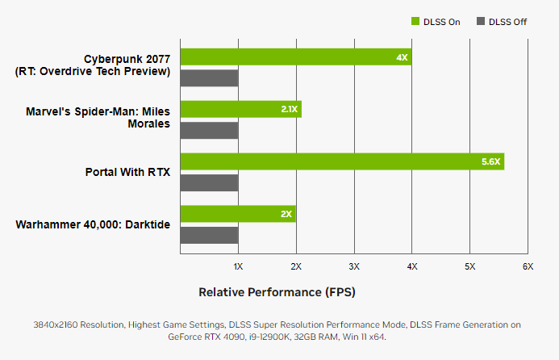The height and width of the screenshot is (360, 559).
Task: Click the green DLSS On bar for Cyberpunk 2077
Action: coord(295,57)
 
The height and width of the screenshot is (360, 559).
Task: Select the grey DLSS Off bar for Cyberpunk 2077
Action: coord(209,78)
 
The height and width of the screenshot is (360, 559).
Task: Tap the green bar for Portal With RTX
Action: coord(342,161)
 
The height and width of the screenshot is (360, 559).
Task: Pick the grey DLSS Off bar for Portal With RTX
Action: coord(209,182)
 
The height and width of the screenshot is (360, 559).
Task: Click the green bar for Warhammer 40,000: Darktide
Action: coord(238,214)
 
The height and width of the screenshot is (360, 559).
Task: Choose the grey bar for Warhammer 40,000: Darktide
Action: coord(209,235)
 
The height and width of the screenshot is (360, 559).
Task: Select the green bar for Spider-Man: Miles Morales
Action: coord(240,109)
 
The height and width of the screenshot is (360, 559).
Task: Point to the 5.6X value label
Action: coord(490,161)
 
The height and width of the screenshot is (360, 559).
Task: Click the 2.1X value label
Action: coord(290,109)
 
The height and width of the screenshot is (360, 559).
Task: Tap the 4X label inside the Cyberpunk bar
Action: coord(402,57)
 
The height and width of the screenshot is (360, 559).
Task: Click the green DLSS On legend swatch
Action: coord(415,22)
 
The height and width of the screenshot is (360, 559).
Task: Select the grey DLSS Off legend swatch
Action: coord(482,22)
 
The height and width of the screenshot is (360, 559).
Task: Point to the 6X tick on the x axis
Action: coord(528,266)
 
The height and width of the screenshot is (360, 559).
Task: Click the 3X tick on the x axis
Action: coord(354,266)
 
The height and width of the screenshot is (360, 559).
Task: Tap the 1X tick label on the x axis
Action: coord(238,266)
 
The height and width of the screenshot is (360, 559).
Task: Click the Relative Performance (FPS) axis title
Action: coord(277,291)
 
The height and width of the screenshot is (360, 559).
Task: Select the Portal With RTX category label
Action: coord(127,172)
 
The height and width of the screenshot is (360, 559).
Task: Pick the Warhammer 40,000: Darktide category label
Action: coord(93,224)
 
